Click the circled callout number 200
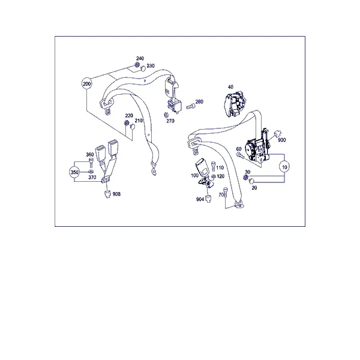pyautogui.click(x=87, y=84)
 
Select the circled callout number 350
pyautogui.click(x=74, y=172)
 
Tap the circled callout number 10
pyautogui.click(x=284, y=167)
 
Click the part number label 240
pyautogui.click(x=140, y=58)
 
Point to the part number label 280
pyautogui.click(x=199, y=101)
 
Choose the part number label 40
pyautogui.click(x=230, y=87)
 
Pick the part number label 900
pyautogui.click(x=282, y=140)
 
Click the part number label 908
pyautogui.click(x=116, y=194)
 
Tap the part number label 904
pyautogui.click(x=200, y=199)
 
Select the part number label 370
pyautogui.click(x=92, y=177)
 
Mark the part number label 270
pyautogui.click(x=170, y=121)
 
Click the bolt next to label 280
pyautogui.click(x=190, y=106)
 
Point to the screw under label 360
pyautogui.click(x=91, y=163)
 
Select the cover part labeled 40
pyautogui.click(x=235, y=104)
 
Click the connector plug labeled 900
pyautogui.click(x=277, y=133)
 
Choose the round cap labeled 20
pyautogui.click(x=251, y=181)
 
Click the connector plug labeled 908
pyautogui.click(x=107, y=194)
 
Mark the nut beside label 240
pyautogui.click(x=137, y=65)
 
